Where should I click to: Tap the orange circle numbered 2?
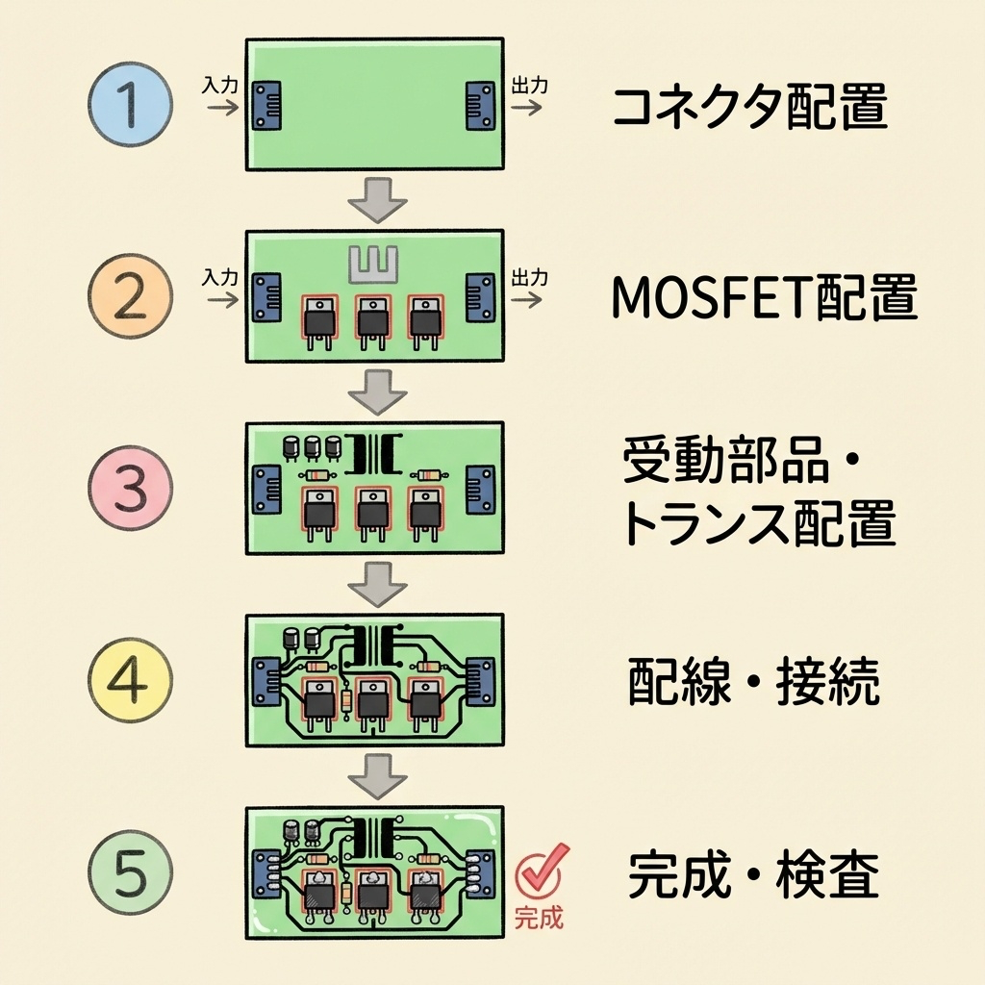[130, 297]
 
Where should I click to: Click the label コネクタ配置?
[749, 108]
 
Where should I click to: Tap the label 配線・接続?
[753, 683]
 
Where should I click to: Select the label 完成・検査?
[753, 875]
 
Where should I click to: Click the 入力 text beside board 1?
[220, 85]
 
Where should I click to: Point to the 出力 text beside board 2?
[530, 277]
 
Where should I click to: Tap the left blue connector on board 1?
[266, 106]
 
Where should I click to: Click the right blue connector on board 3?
[480, 490]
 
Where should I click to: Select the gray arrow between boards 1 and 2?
[376, 200]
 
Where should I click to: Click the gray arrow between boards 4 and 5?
[376, 775]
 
